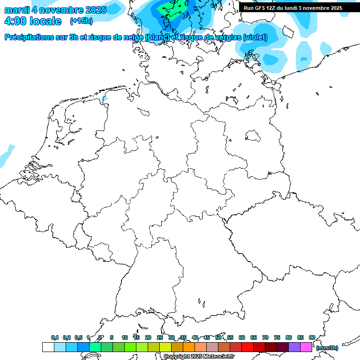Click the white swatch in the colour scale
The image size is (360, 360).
[48, 347]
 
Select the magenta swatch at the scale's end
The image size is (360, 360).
[306, 347]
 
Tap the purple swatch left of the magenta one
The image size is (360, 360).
[294, 347]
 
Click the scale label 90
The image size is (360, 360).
[312, 337]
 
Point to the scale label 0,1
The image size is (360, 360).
[55, 337]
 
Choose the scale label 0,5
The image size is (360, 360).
[78, 337]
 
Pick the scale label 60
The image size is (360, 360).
[242, 337]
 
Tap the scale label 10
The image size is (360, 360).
[125, 337]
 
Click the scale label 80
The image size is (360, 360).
[289, 337]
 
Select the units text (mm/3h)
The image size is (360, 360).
[327, 348]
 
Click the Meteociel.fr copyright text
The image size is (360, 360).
[199, 356]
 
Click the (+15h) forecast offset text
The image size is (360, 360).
[81, 21]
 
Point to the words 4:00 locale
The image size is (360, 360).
[33, 21]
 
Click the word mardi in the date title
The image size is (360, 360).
[17, 9]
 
